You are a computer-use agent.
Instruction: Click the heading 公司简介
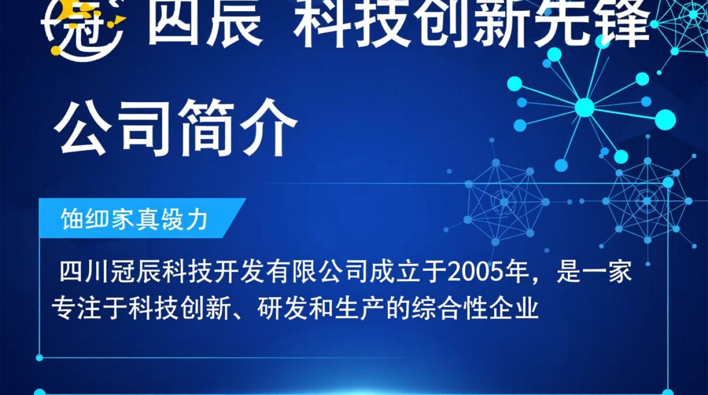click(x=176, y=127)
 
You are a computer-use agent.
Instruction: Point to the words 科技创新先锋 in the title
click(x=471, y=24)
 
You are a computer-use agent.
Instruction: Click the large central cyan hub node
click(x=584, y=107)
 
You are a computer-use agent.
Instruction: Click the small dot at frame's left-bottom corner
click(x=40, y=358)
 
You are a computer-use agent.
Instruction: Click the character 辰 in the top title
click(x=234, y=24)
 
